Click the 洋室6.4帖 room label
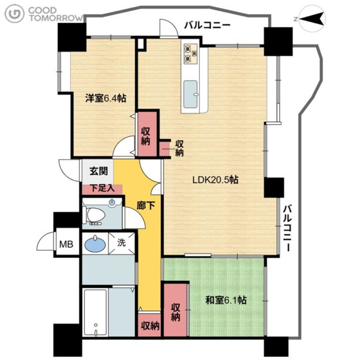(x=106, y=98)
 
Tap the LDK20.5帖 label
(x=215, y=179)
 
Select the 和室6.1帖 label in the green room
(x=226, y=300)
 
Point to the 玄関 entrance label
(x=98, y=171)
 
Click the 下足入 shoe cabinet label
(x=102, y=188)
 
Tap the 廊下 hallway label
(x=146, y=205)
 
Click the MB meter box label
(x=66, y=244)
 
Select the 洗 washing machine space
(x=121, y=243)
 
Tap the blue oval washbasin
(x=95, y=244)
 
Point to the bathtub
(x=95, y=313)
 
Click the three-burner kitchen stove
(x=191, y=54)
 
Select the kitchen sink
(x=190, y=94)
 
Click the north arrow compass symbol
(x=313, y=19)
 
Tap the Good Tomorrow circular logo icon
(x=14, y=14)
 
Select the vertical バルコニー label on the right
(x=287, y=228)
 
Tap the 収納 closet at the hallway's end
(x=150, y=326)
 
